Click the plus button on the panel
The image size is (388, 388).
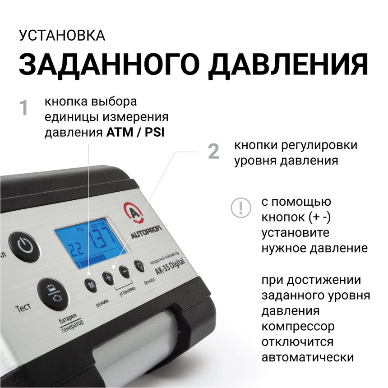tap(108, 278)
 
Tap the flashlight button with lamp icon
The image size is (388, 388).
tap(139, 267)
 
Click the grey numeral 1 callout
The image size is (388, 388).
tap(23, 108)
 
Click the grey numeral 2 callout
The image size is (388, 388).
tap(213, 152)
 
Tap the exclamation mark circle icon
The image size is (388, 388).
tap(240, 208)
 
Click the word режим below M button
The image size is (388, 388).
tap(102, 300)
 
